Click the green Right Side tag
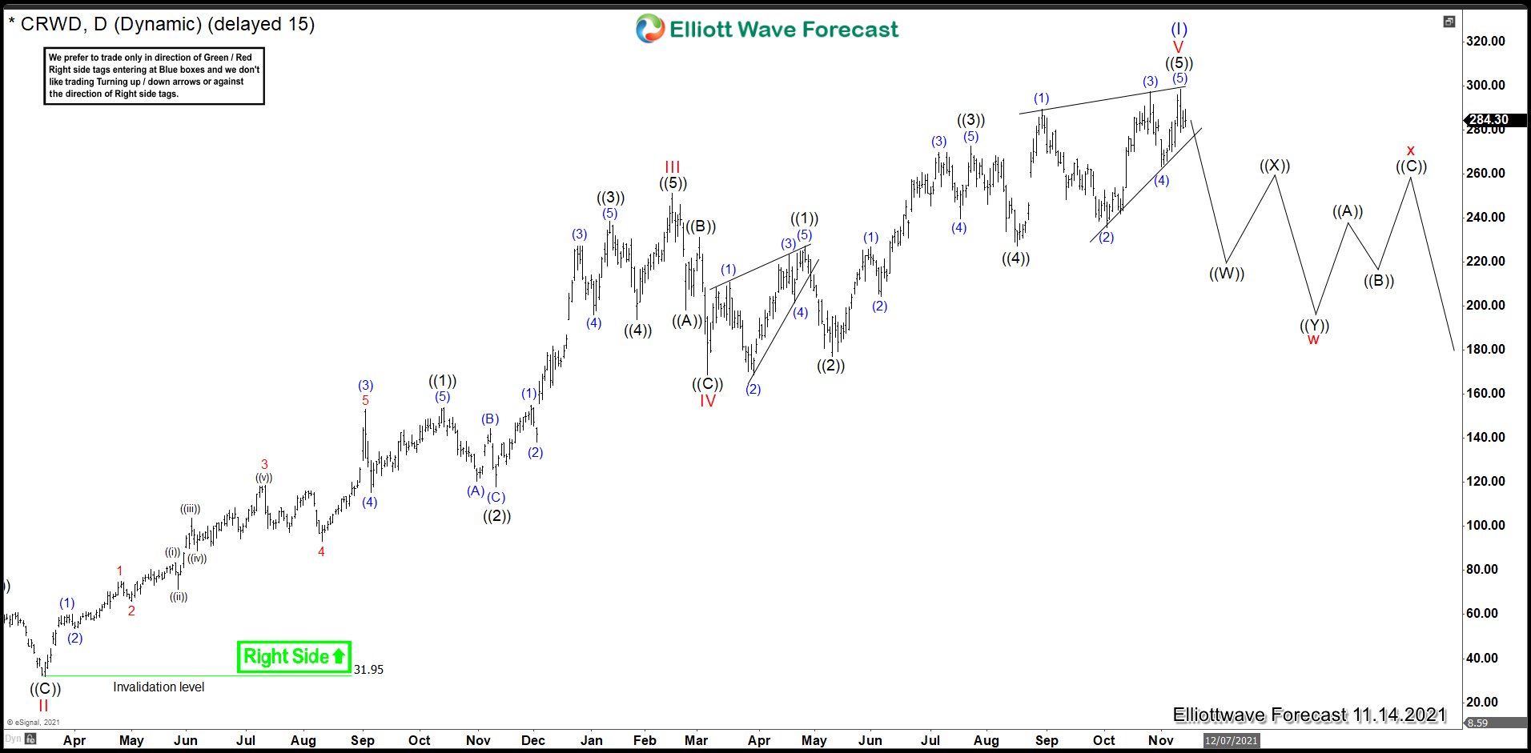(x=294, y=657)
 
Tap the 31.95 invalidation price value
(x=368, y=670)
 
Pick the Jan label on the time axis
(x=592, y=740)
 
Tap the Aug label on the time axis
(x=987, y=740)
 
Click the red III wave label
(x=672, y=166)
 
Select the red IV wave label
(x=707, y=401)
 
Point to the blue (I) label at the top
(x=1179, y=30)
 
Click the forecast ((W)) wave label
(x=1226, y=274)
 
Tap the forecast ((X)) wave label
(x=1274, y=166)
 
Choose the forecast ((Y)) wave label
(x=1314, y=325)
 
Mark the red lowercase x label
(x=1410, y=150)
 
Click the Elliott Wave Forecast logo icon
(x=649, y=29)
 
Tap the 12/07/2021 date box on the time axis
(x=1231, y=740)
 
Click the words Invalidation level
(x=159, y=687)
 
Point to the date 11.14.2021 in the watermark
(x=1399, y=715)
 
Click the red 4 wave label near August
(x=321, y=551)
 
